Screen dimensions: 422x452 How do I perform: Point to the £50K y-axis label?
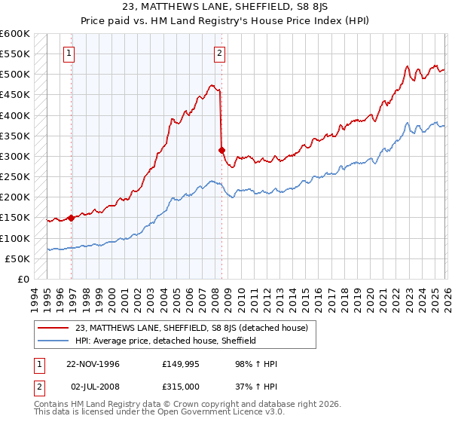[x=17, y=259]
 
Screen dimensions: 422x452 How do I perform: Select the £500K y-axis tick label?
[x=14, y=75]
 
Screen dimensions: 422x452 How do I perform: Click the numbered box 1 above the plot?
[x=69, y=53]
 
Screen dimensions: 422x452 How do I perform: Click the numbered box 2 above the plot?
[x=218, y=53]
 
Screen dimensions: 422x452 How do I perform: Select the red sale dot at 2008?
[x=222, y=150]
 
